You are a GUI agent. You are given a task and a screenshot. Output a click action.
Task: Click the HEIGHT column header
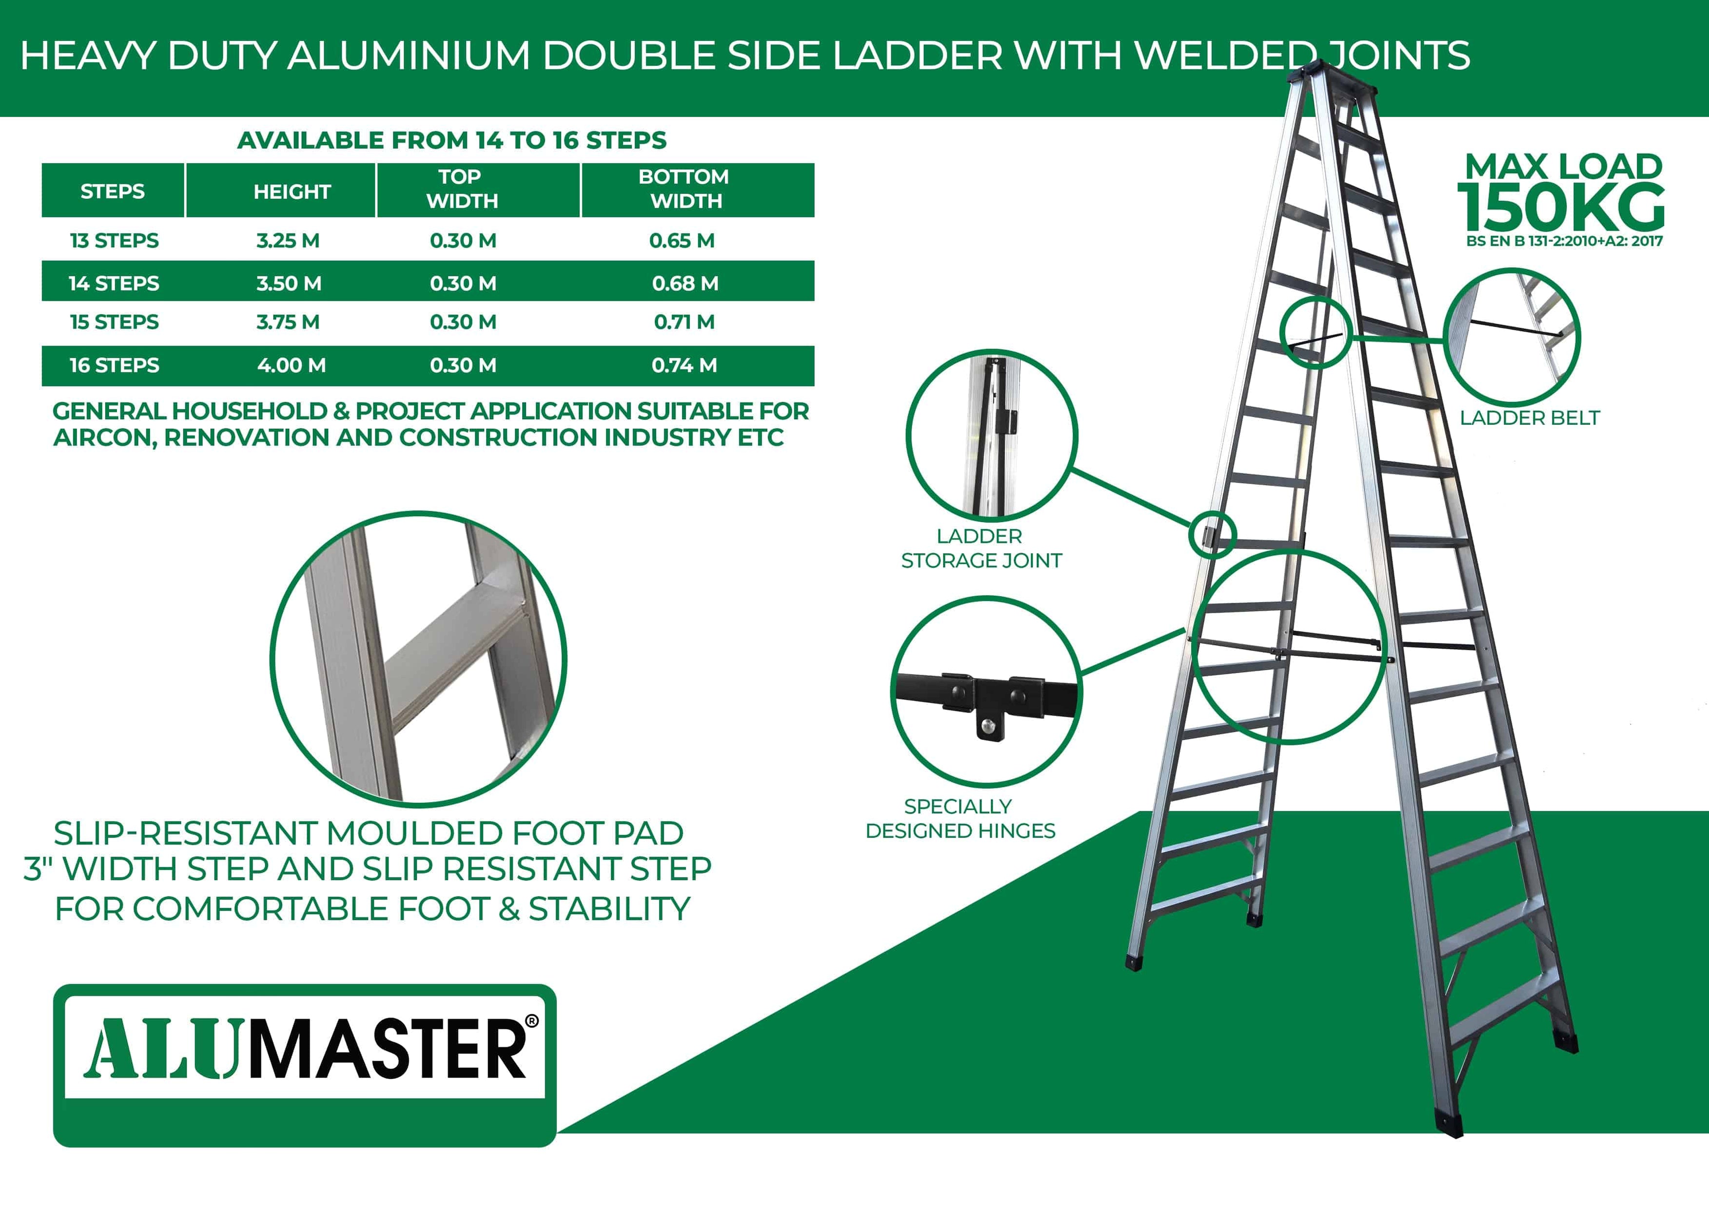[292, 191]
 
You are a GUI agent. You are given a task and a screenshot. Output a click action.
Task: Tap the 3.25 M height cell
[288, 240]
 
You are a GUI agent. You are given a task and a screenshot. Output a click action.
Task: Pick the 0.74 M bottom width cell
[684, 366]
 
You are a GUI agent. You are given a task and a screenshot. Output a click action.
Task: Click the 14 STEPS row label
[114, 284]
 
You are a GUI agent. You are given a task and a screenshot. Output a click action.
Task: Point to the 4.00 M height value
[291, 366]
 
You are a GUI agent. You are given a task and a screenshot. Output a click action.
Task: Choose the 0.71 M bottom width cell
[684, 322]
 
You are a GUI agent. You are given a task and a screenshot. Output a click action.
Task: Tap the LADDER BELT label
[1530, 418]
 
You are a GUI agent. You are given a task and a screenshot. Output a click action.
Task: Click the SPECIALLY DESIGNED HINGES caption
[960, 818]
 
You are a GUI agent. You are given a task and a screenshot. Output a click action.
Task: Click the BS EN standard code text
[1564, 241]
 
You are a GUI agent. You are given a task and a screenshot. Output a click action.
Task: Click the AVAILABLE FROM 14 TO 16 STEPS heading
[452, 140]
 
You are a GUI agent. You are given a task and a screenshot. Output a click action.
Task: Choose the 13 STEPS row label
[114, 240]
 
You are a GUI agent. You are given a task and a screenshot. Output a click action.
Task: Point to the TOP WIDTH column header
[461, 189]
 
